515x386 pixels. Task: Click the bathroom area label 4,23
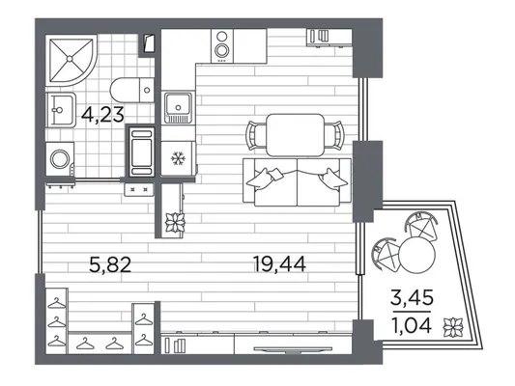click(102, 116)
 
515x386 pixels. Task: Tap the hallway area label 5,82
click(110, 264)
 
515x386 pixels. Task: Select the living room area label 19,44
click(280, 264)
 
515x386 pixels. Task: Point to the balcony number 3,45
click(413, 298)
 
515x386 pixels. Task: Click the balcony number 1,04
click(412, 325)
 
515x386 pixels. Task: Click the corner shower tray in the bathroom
click(71, 60)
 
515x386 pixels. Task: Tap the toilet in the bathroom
click(132, 90)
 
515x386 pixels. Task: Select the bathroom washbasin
click(61, 110)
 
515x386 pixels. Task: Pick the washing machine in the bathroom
click(60, 158)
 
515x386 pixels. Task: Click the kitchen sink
click(178, 107)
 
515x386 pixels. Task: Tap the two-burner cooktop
click(222, 45)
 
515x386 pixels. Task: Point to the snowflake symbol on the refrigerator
click(179, 158)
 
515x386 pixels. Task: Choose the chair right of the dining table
click(334, 135)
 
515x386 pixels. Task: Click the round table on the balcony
click(417, 255)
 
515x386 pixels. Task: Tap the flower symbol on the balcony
click(453, 327)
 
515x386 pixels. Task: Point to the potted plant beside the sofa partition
click(175, 223)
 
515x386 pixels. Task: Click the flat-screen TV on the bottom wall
click(293, 349)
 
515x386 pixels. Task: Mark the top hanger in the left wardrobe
click(56, 302)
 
